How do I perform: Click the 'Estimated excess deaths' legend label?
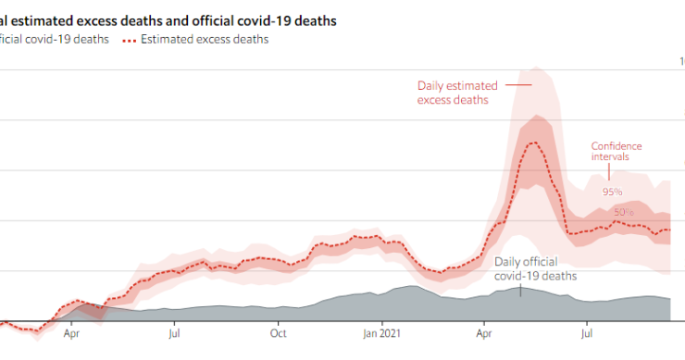click(x=205, y=39)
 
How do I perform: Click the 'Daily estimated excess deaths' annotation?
click(x=453, y=93)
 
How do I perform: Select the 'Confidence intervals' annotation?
click(x=616, y=152)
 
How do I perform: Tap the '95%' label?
click(x=612, y=192)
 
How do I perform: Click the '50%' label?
click(x=624, y=212)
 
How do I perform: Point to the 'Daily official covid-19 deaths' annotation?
click(x=536, y=269)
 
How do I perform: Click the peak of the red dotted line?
click(x=532, y=143)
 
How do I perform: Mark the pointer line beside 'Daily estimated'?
click(x=518, y=86)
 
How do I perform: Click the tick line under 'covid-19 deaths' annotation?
click(x=521, y=290)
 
